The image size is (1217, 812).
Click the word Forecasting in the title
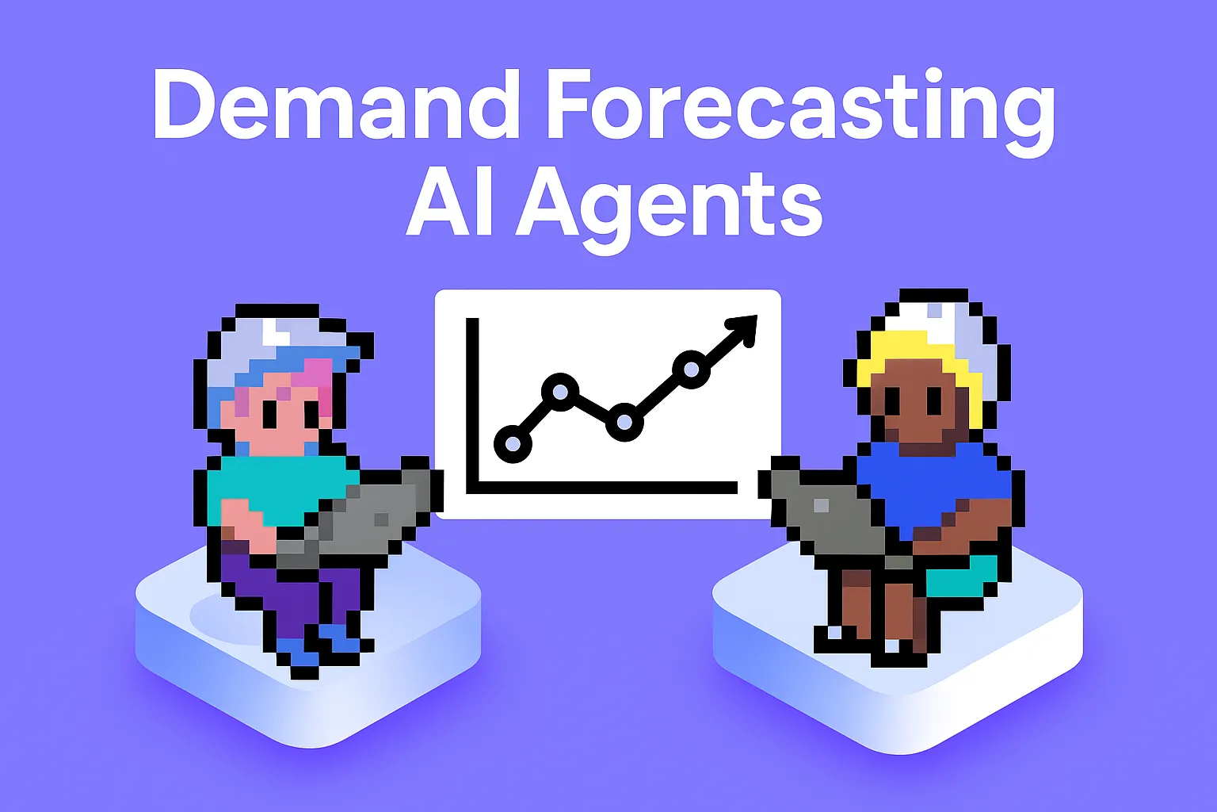(x=800, y=111)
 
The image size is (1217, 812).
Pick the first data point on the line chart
(x=513, y=443)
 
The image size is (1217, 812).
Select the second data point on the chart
(x=560, y=391)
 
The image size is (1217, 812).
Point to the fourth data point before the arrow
(x=691, y=369)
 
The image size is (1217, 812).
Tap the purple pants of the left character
(x=293, y=595)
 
